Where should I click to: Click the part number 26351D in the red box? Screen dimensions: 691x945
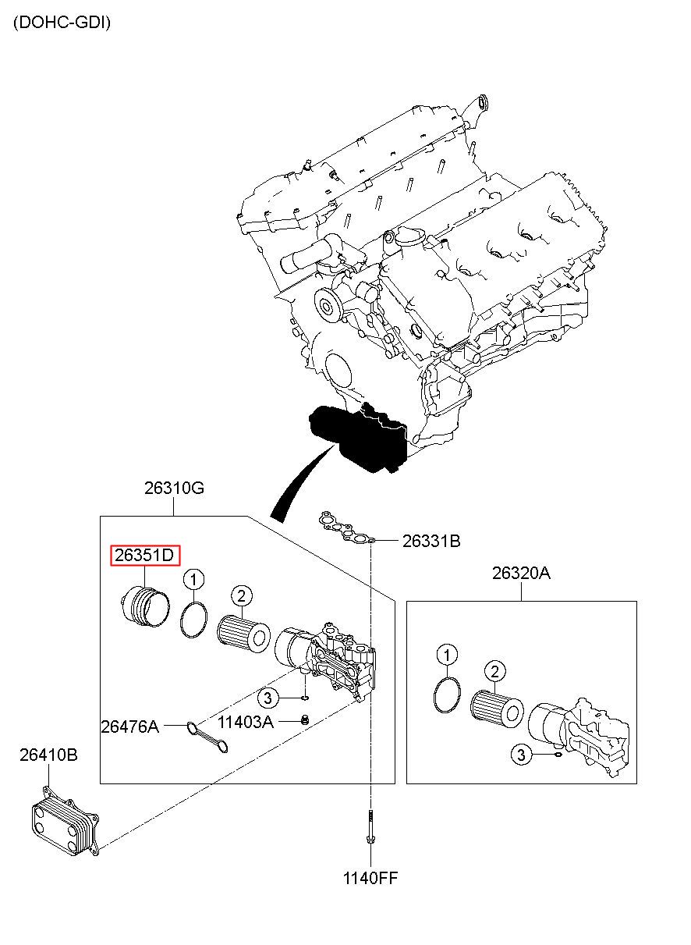pyautogui.click(x=144, y=555)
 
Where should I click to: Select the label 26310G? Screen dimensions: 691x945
pyautogui.click(x=174, y=488)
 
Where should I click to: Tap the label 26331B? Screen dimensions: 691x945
pyautogui.click(x=431, y=541)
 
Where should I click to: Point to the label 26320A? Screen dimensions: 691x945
pyautogui.click(x=521, y=574)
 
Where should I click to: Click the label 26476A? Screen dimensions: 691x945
pyautogui.click(x=129, y=727)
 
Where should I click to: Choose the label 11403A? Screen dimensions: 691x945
pyautogui.click(x=246, y=723)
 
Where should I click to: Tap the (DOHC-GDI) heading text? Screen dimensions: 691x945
pyautogui.click(x=62, y=23)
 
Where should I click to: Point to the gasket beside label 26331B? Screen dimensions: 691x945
pyautogui.click(x=347, y=527)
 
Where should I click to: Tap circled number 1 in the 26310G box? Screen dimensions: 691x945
pyautogui.click(x=193, y=580)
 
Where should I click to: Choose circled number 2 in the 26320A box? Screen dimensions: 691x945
pyautogui.click(x=495, y=671)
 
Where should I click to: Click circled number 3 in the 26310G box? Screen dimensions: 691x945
pyautogui.click(x=268, y=698)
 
